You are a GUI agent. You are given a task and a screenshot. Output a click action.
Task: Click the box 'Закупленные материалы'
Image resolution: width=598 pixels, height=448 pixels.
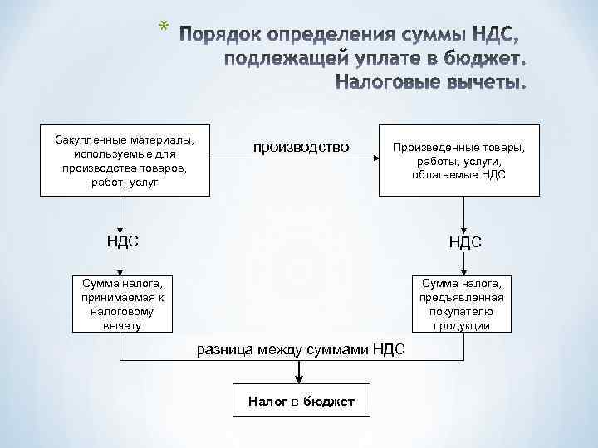124,159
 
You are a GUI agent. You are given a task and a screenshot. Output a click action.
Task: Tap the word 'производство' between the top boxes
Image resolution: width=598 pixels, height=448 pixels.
301,147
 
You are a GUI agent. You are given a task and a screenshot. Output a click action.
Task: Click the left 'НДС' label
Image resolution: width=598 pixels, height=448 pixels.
121,241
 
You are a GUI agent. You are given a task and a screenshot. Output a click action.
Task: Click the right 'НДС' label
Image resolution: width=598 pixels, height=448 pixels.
465,242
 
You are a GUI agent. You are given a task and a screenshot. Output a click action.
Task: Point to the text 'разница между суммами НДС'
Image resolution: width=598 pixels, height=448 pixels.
301,349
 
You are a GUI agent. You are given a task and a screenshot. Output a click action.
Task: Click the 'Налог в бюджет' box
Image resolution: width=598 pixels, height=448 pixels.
301,402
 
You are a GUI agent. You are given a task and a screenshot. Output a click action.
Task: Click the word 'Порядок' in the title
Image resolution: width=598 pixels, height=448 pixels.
219,37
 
